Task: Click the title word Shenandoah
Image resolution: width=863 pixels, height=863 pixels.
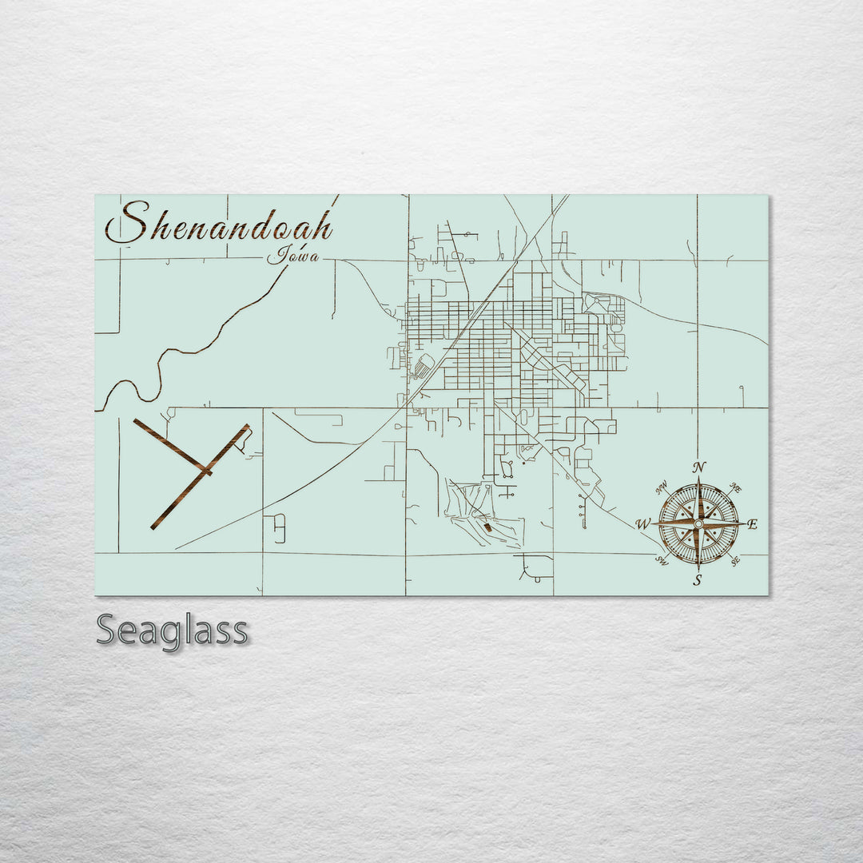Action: point(219,224)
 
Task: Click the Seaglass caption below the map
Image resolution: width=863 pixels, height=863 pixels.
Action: point(172,630)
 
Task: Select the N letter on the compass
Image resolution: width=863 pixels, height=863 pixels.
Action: point(699,467)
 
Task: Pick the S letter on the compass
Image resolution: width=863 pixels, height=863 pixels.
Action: point(698,581)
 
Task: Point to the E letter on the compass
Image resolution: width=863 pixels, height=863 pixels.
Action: point(753,524)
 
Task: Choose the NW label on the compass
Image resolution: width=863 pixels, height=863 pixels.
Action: point(661,487)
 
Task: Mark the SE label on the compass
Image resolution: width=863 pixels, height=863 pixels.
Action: point(735,562)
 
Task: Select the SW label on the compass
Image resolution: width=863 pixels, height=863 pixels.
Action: point(662,561)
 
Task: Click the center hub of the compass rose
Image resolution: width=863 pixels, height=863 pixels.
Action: point(698,524)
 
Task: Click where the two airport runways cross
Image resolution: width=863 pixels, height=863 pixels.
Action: point(206,470)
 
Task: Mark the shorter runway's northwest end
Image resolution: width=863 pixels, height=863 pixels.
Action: point(136,421)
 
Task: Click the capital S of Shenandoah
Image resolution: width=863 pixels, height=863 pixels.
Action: point(128,224)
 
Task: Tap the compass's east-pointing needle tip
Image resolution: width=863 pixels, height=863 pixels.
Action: point(745,524)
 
